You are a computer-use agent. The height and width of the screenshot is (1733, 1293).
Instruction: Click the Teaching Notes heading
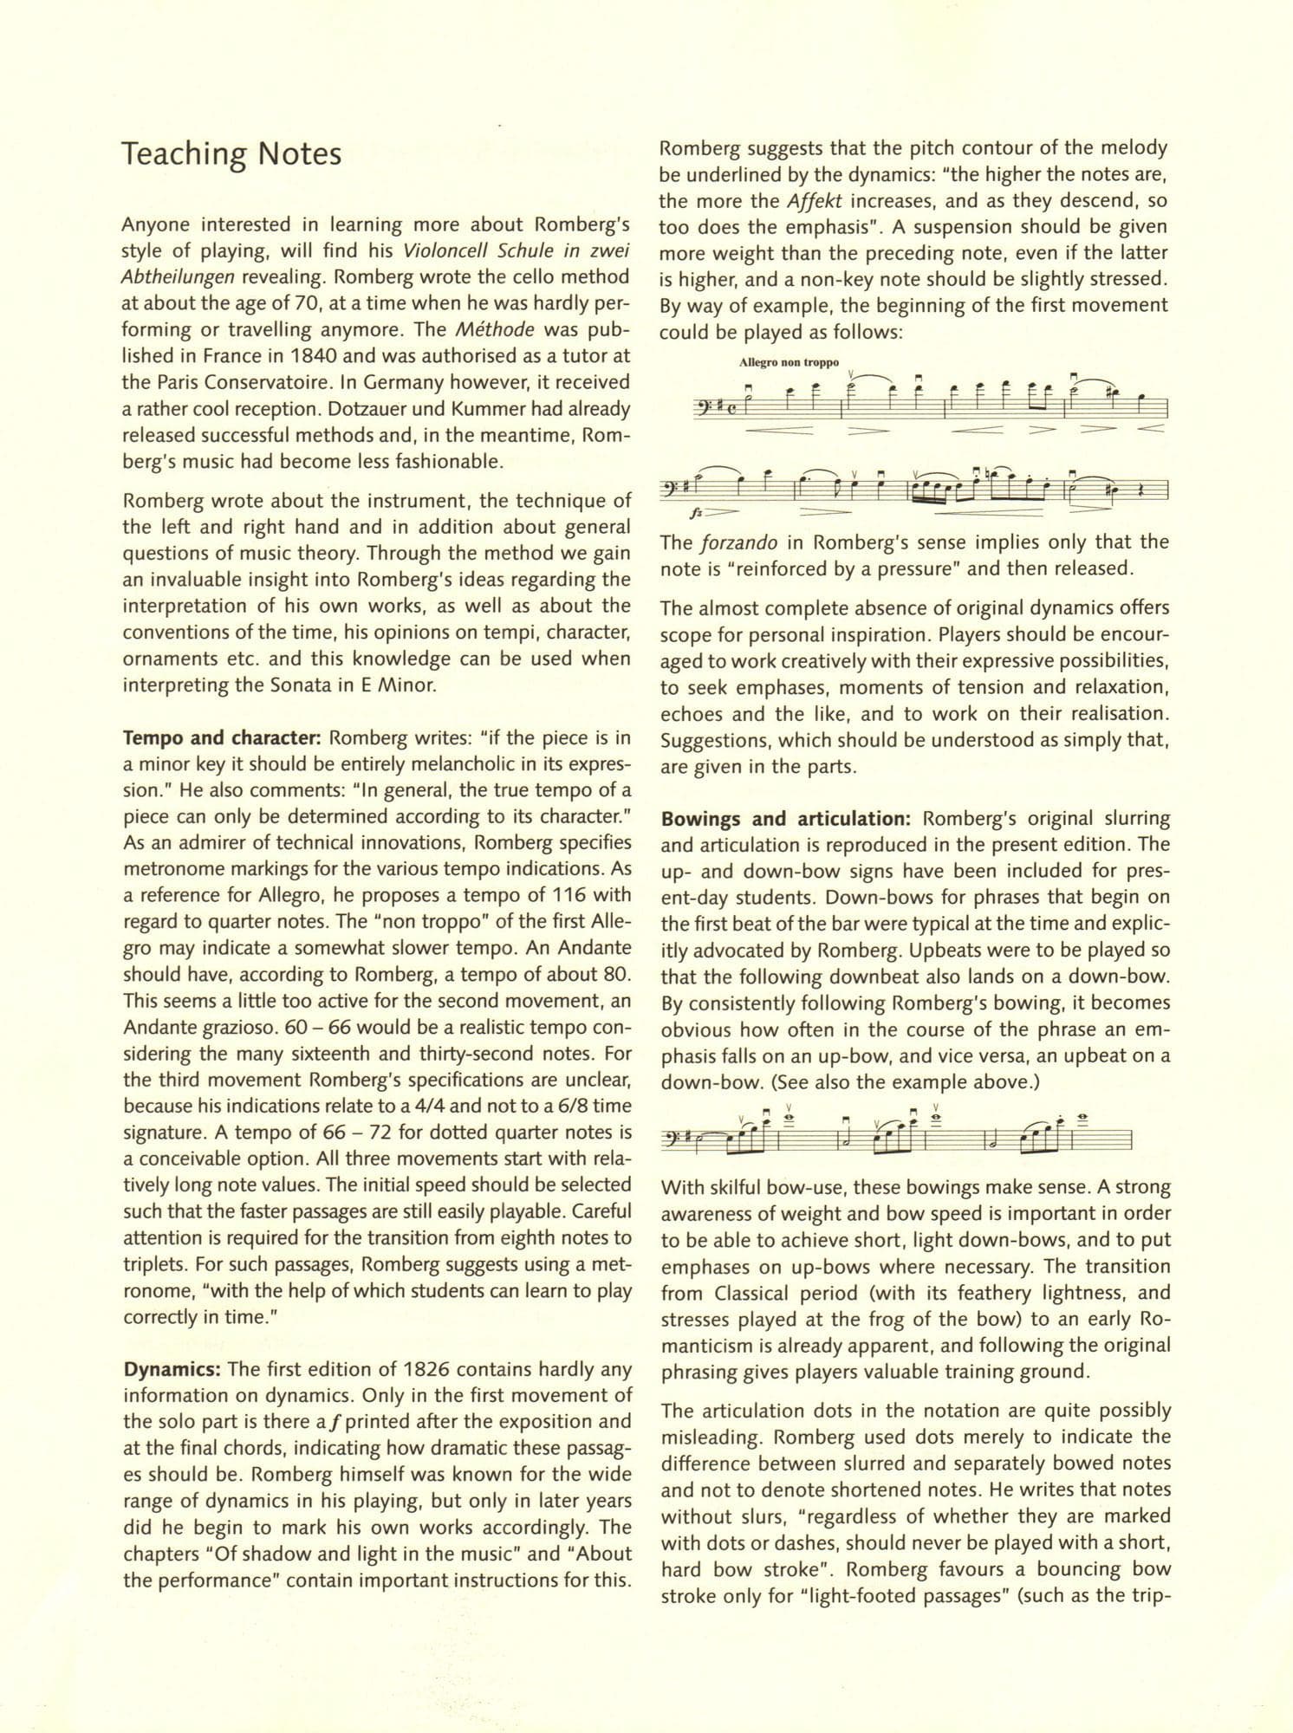point(231,154)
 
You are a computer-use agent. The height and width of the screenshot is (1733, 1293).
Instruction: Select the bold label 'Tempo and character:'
point(223,738)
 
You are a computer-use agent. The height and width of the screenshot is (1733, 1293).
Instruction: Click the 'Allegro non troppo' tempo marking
point(789,363)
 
